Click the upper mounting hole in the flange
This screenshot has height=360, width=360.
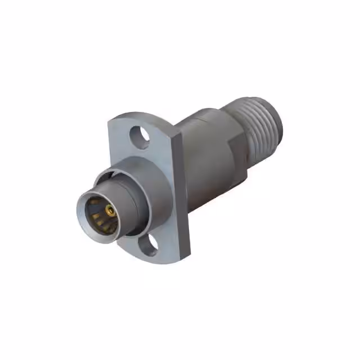(137, 135)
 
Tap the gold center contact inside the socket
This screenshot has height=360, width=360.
(110, 213)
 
